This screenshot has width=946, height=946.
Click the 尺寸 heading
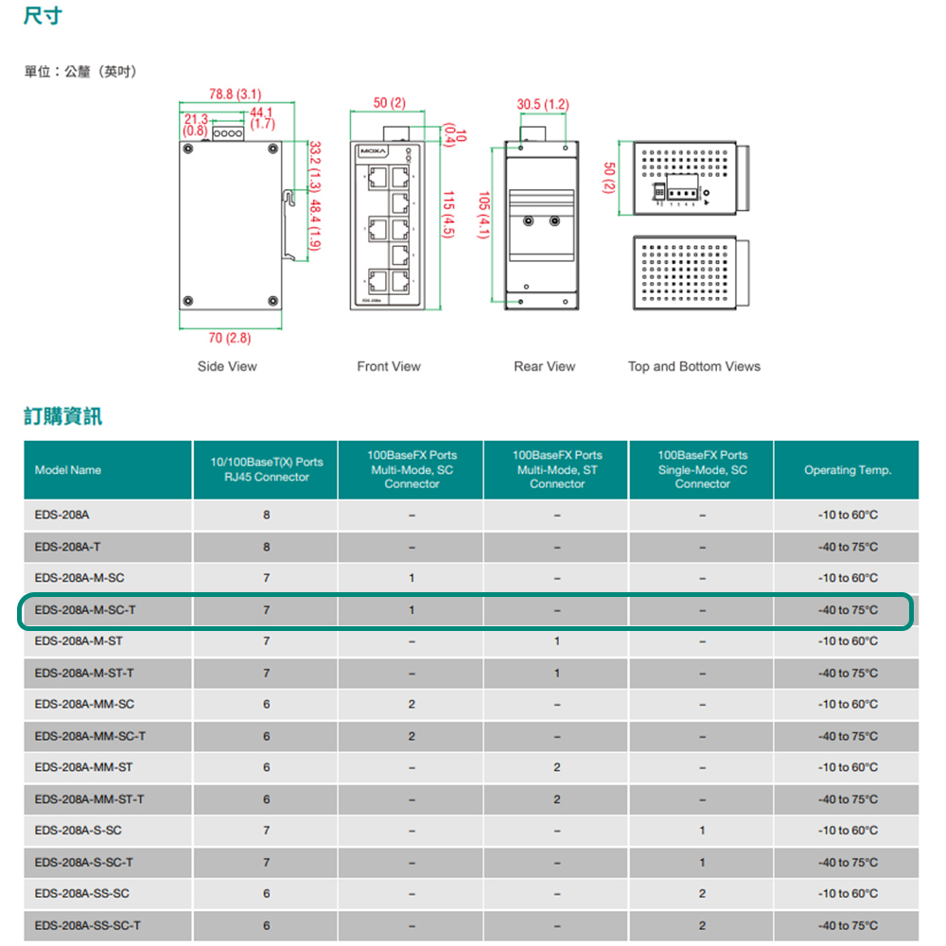[x=43, y=17]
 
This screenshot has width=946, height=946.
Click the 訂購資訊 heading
[x=62, y=415]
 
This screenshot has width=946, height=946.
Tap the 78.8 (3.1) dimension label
[x=235, y=94]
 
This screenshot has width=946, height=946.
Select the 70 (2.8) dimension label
[x=229, y=338]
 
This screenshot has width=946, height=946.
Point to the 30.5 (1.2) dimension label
[x=543, y=103]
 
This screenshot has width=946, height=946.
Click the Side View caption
[x=227, y=366]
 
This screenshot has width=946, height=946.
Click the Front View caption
[x=389, y=366]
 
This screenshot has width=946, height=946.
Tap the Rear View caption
[x=544, y=366]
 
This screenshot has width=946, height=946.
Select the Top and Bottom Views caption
[x=693, y=366]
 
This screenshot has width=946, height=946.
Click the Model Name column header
[x=68, y=470]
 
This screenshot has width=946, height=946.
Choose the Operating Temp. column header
[x=848, y=470]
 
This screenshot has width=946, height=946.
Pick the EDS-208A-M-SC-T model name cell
[x=85, y=610]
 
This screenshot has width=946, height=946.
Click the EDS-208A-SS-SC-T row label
[x=88, y=925]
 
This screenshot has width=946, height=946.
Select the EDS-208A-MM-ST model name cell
[x=83, y=767]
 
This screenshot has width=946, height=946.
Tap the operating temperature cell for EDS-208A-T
[x=848, y=547]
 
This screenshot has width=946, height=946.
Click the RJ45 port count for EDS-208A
[x=267, y=516]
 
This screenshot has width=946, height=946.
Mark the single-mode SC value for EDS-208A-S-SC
[x=702, y=831]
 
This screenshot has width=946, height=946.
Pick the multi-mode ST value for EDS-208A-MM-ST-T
[x=556, y=799]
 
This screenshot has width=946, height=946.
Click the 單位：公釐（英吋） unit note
[x=80, y=72]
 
